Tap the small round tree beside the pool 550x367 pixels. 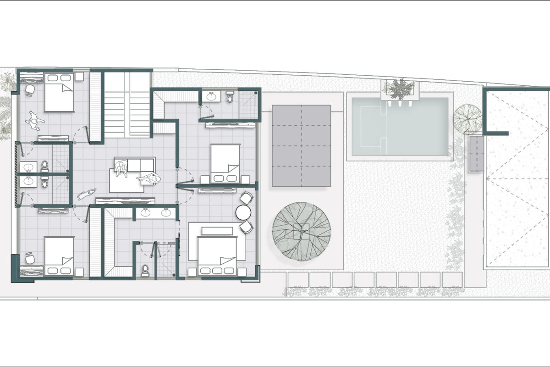click(467, 118)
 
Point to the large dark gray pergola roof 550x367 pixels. click(301, 145)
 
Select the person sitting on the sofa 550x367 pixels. click(122, 168)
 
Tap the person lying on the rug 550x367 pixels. click(149, 178)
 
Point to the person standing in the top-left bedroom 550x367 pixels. click(34, 121)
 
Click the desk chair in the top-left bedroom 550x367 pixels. click(30, 89)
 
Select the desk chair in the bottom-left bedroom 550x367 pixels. click(30, 258)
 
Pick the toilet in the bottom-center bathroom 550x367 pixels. click(146, 269)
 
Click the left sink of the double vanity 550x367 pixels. click(146, 212)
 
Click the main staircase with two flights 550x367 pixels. click(126, 105)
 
